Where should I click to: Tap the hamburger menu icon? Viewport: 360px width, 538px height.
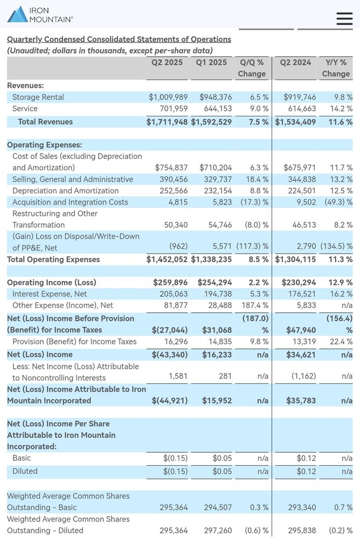(344, 18)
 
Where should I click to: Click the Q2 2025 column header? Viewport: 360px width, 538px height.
(167, 62)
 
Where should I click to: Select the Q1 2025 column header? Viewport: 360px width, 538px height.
(211, 62)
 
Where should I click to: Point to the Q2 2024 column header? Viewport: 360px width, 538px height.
(295, 62)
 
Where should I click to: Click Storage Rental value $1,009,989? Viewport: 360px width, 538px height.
(168, 97)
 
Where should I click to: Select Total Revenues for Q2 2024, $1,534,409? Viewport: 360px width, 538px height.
(295, 122)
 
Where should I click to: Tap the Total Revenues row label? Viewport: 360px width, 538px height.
(45, 122)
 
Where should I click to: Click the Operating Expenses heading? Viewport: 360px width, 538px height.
(45, 145)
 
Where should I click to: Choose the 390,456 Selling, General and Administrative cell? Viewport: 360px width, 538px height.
(174, 179)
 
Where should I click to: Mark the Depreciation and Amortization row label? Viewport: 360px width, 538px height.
(66, 191)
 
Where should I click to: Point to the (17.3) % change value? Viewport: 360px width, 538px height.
(254, 202)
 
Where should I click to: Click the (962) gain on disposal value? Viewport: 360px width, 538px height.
(178, 246)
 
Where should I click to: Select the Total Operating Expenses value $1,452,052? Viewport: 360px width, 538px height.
(167, 260)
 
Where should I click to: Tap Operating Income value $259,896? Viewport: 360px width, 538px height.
(170, 283)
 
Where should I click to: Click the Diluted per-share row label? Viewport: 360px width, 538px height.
(25, 471)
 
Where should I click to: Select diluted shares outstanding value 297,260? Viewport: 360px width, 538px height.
(218, 530)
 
